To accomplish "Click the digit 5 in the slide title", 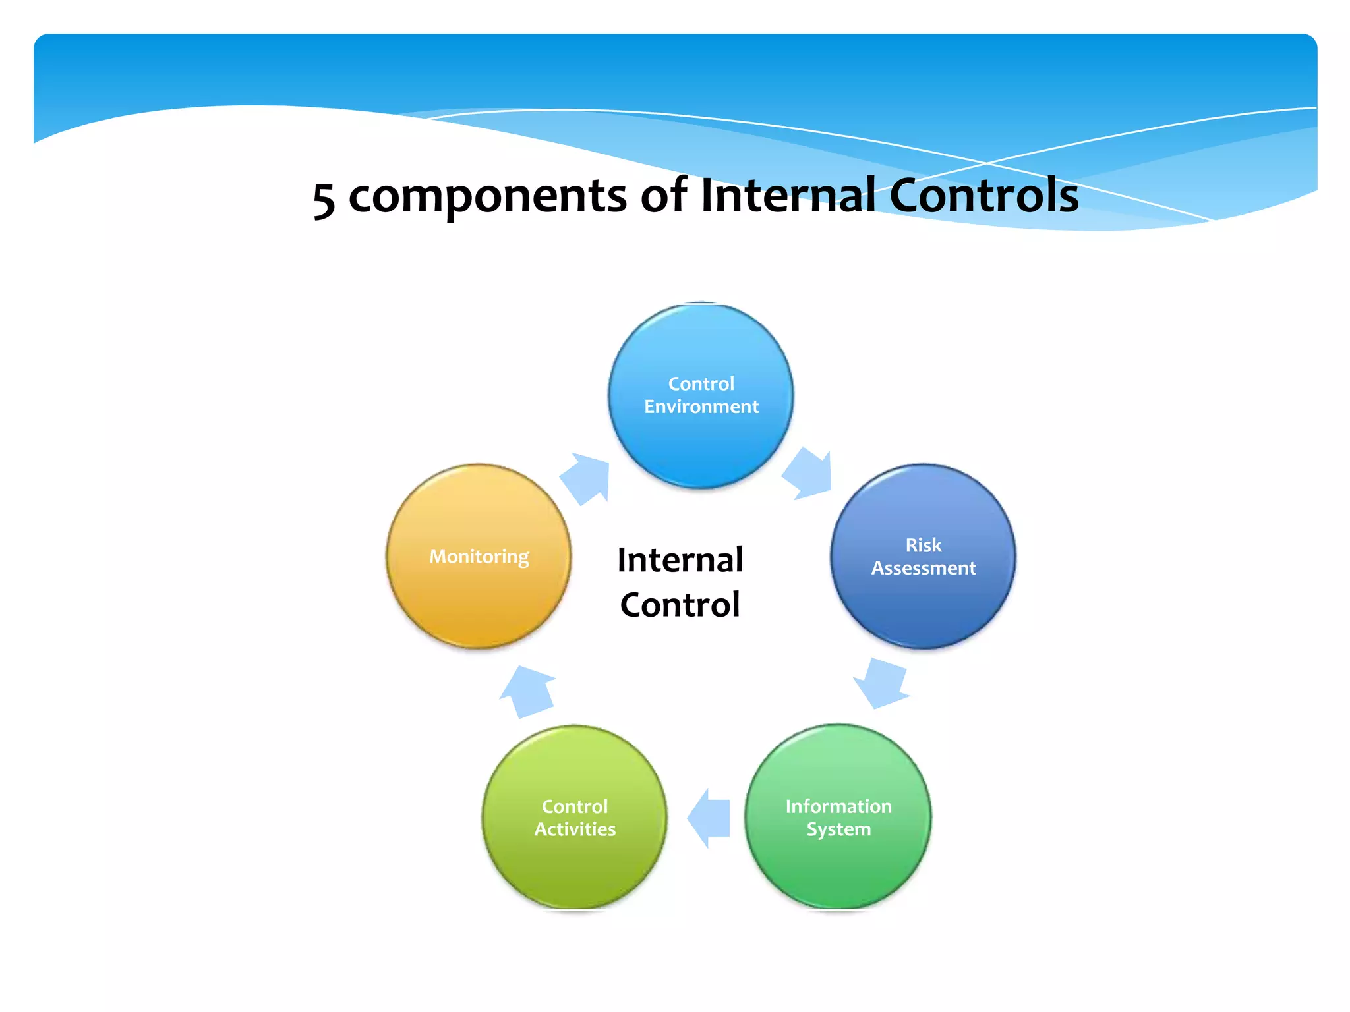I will (324, 200).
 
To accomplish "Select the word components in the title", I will (487, 196).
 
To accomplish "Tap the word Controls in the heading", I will (983, 196).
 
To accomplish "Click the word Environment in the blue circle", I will (701, 407).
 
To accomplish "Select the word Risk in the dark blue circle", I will (923, 546).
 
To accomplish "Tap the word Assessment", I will (923, 568).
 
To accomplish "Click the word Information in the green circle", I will (838, 806).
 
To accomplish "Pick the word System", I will (838, 829).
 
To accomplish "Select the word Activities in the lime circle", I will (575, 829).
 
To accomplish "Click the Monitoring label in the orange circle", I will (479, 557).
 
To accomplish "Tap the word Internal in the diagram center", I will (680, 560).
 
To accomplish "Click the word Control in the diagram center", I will (680, 605).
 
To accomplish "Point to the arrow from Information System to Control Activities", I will (709, 818).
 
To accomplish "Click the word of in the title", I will (664, 196).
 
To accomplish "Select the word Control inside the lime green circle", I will (575, 806).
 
